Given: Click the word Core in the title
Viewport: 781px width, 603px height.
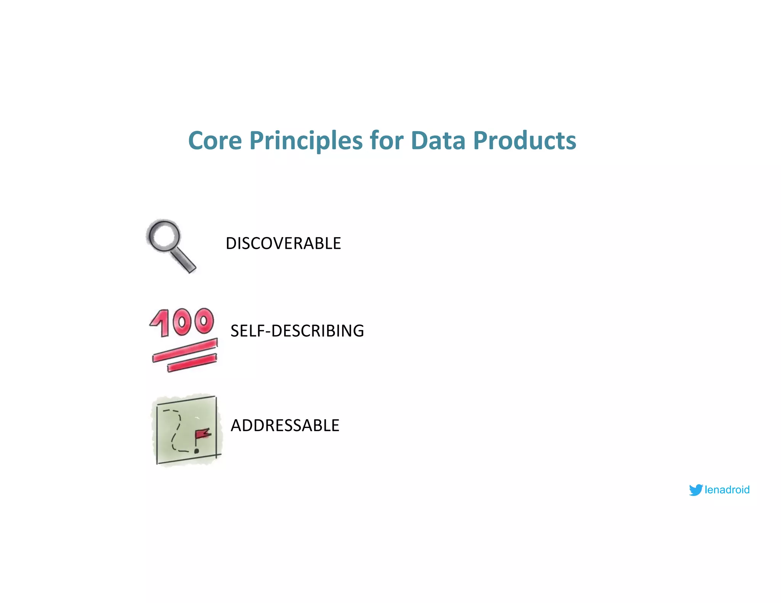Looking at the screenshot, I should [215, 141].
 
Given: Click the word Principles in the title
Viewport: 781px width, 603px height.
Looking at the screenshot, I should [306, 141].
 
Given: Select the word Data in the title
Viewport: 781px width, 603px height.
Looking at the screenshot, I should [438, 141].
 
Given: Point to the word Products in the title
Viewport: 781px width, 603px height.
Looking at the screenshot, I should [524, 141].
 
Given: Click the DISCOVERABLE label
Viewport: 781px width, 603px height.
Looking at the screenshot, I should [283, 244].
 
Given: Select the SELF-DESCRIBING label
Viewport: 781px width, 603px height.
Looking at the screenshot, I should [297, 331].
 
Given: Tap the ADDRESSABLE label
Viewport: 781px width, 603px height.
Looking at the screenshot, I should [285, 425].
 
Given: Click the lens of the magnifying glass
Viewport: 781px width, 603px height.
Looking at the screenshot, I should [164, 235].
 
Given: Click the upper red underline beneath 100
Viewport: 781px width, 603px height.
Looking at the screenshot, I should [185, 350].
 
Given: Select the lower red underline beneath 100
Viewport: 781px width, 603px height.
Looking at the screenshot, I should [192, 363].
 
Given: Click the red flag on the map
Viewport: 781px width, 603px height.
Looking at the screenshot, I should [202, 434].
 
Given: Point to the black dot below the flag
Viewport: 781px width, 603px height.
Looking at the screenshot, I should [196, 451].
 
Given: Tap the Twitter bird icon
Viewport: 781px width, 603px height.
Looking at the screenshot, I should [696, 490].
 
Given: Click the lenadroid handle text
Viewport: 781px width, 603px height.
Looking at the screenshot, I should [727, 490].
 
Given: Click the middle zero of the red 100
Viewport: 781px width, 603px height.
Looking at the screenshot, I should [182, 322].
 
